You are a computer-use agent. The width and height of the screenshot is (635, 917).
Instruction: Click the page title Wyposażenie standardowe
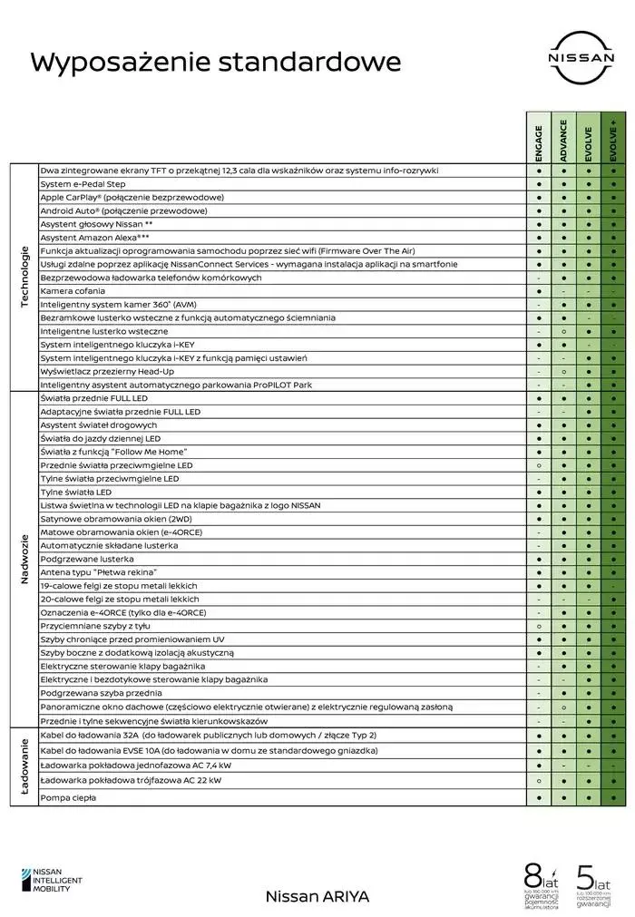pyautogui.click(x=216, y=62)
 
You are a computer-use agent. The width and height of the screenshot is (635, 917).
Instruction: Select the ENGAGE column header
pyautogui.click(x=539, y=143)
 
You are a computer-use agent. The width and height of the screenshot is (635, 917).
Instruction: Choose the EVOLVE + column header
pyautogui.click(x=613, y=143)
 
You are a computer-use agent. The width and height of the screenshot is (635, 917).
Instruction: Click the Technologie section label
pyautogui.click(x=24, y=277)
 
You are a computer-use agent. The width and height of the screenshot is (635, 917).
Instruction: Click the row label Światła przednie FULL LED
pyautogui.click(x=94, y=398)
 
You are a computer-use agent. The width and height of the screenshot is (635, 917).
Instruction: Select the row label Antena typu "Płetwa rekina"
pyautogui.click(x=99, y=572)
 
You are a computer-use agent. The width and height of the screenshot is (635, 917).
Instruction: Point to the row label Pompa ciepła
pyautogui.click(x=68, y=797)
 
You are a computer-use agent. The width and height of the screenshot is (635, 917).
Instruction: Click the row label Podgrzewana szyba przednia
pyautogui.click(x=102, y=693)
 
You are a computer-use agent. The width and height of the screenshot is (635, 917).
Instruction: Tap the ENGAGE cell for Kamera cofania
pyautogui.click(x=539, y=290)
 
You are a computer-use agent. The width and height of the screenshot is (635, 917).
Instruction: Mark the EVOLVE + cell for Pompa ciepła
pyautogui.click(x=613, y=797)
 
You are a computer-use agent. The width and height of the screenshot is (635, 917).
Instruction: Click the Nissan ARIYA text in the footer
pyautogui.click(x=317, y=895)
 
